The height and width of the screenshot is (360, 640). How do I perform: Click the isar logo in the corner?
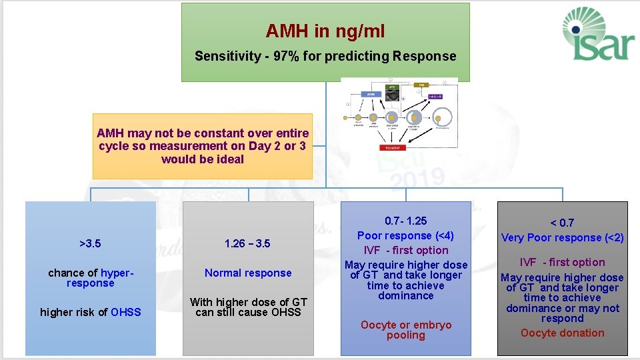pyautogui.click(x=595, y=34)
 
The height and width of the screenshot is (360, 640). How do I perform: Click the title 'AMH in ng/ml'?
pyautogui.click(x=325, y=31)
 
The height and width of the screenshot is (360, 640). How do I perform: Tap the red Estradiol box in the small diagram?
pyautogui.click(x=393, y=147)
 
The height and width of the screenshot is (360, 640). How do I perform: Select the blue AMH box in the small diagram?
pyautogui.click(x=371, y=95)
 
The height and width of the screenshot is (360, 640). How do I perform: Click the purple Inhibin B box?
pyautogui.click(x=435, y=97)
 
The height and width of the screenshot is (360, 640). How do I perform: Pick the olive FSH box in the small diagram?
pyautogui.click(x=421, y=85)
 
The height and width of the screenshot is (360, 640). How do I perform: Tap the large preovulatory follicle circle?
pyautogui.click(x=443, y=118)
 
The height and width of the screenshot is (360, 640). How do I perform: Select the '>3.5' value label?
pyautogui.click(x=90, y=243)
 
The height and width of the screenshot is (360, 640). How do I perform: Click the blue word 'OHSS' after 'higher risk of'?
pyautogui.click(x=126, y=312)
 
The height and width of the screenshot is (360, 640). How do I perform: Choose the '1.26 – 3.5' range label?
pyautogui.click(x=248, y=243)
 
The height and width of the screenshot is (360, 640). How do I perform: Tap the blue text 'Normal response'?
pyautogui.click(x=248, y=273)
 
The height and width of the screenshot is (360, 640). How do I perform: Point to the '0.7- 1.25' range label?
pyautogui.click(x=405, y=221)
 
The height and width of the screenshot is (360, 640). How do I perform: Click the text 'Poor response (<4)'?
pyautogui.click(x=405, y=235)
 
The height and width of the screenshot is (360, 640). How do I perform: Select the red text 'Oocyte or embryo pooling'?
pyautogui.click(x=405, y=330)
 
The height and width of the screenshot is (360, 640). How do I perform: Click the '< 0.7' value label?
pyautogui.click(x=562, y=223)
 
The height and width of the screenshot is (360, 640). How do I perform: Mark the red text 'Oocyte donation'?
pyautogui.click(x=562, y=333)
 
